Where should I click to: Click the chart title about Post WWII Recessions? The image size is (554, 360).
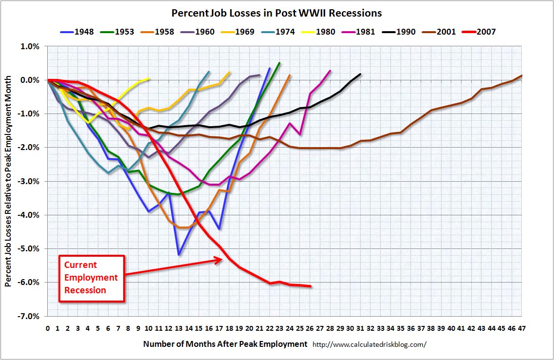276,13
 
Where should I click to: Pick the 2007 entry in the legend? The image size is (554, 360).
479,32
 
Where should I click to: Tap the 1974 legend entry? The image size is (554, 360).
280,32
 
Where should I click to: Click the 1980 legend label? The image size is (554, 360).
320,32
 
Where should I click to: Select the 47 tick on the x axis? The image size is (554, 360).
521,328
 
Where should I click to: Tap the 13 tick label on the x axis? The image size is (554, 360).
179,328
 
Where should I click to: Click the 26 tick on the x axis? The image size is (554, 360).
310,328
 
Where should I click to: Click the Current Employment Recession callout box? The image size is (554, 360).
92,278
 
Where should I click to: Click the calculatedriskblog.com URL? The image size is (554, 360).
369,344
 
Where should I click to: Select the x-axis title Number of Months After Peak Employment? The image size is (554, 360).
225,344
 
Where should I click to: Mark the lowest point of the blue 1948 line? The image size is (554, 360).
179,254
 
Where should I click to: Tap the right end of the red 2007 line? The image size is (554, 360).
310,286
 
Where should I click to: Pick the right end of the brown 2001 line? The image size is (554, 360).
521,76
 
